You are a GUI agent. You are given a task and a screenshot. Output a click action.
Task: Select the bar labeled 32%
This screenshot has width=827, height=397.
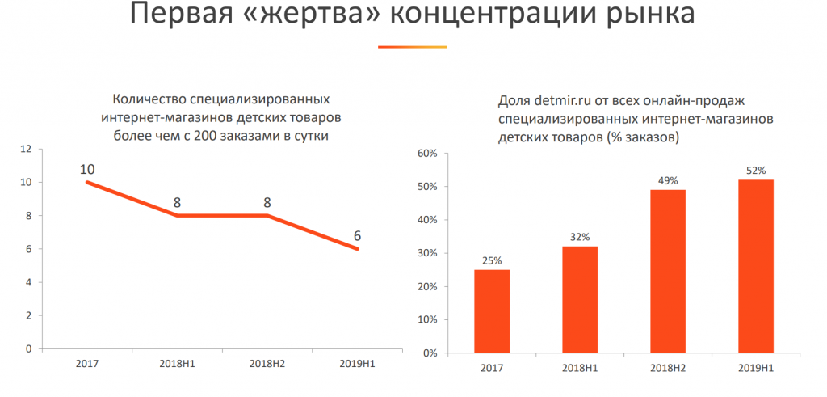pos(579,299)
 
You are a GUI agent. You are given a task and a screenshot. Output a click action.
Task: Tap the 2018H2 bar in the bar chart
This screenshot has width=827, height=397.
pos(667,271)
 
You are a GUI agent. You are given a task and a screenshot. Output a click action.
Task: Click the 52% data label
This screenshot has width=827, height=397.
pos(756,170)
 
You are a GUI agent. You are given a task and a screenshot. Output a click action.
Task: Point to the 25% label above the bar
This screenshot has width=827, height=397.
pos(492,260)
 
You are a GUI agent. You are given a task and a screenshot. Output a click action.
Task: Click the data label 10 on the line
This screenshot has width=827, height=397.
pos(87,169)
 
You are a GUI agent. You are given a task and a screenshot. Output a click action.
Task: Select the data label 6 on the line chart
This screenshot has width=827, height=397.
pos(357,237)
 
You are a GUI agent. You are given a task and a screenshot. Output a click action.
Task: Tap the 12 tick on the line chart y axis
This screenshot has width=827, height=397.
pos(26,150)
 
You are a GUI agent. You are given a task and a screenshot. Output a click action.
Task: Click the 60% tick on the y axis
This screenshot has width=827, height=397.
pos(427,153)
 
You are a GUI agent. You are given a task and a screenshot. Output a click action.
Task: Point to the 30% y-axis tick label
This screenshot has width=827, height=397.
pos(427,253)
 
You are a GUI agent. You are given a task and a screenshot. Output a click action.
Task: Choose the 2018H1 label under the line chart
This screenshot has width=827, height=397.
pos(177,365)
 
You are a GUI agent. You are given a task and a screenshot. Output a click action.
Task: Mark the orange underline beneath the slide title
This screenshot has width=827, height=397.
pos(412,46)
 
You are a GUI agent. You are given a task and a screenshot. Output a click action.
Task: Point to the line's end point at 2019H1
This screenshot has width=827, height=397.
pos(357,249)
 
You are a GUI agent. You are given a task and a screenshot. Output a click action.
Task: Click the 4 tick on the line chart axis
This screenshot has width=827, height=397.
pos(28,282)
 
